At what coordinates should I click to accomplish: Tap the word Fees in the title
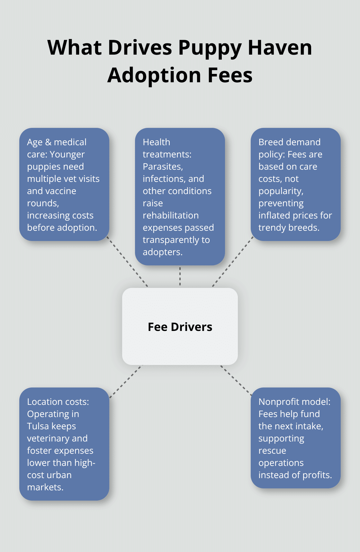pos(230,76)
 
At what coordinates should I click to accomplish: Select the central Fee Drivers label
pos(180,327)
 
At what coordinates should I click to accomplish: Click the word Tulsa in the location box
pos(38,426)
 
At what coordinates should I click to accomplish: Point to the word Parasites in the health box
pos(163,166)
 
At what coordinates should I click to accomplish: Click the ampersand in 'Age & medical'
pos(48,142)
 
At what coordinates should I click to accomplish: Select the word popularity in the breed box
pos(281,191)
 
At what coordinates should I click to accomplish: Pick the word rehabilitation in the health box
pos(170,215)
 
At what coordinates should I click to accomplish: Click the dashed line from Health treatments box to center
pos(180,276)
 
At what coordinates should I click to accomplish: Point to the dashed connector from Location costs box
pos(125,381)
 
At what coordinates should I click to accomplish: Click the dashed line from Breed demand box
pos(232,262)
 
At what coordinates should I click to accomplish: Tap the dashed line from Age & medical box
pos(127,262)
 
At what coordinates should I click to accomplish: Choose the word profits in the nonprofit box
pos(318,475)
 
